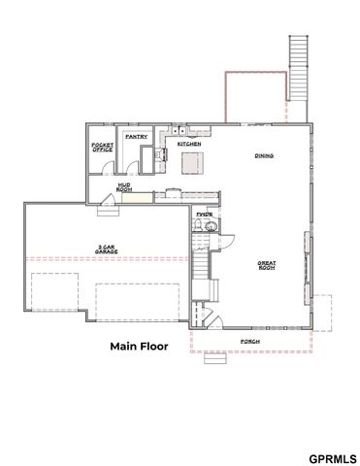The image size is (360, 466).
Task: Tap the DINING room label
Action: point(263,155)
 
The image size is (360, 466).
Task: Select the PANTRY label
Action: point(135,137)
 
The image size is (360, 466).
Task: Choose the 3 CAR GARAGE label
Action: point(110,247)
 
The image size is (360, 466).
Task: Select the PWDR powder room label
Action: point(204,214)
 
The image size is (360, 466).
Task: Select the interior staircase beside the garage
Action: point(199,268)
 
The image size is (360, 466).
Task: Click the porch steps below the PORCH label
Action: point(216,358)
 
